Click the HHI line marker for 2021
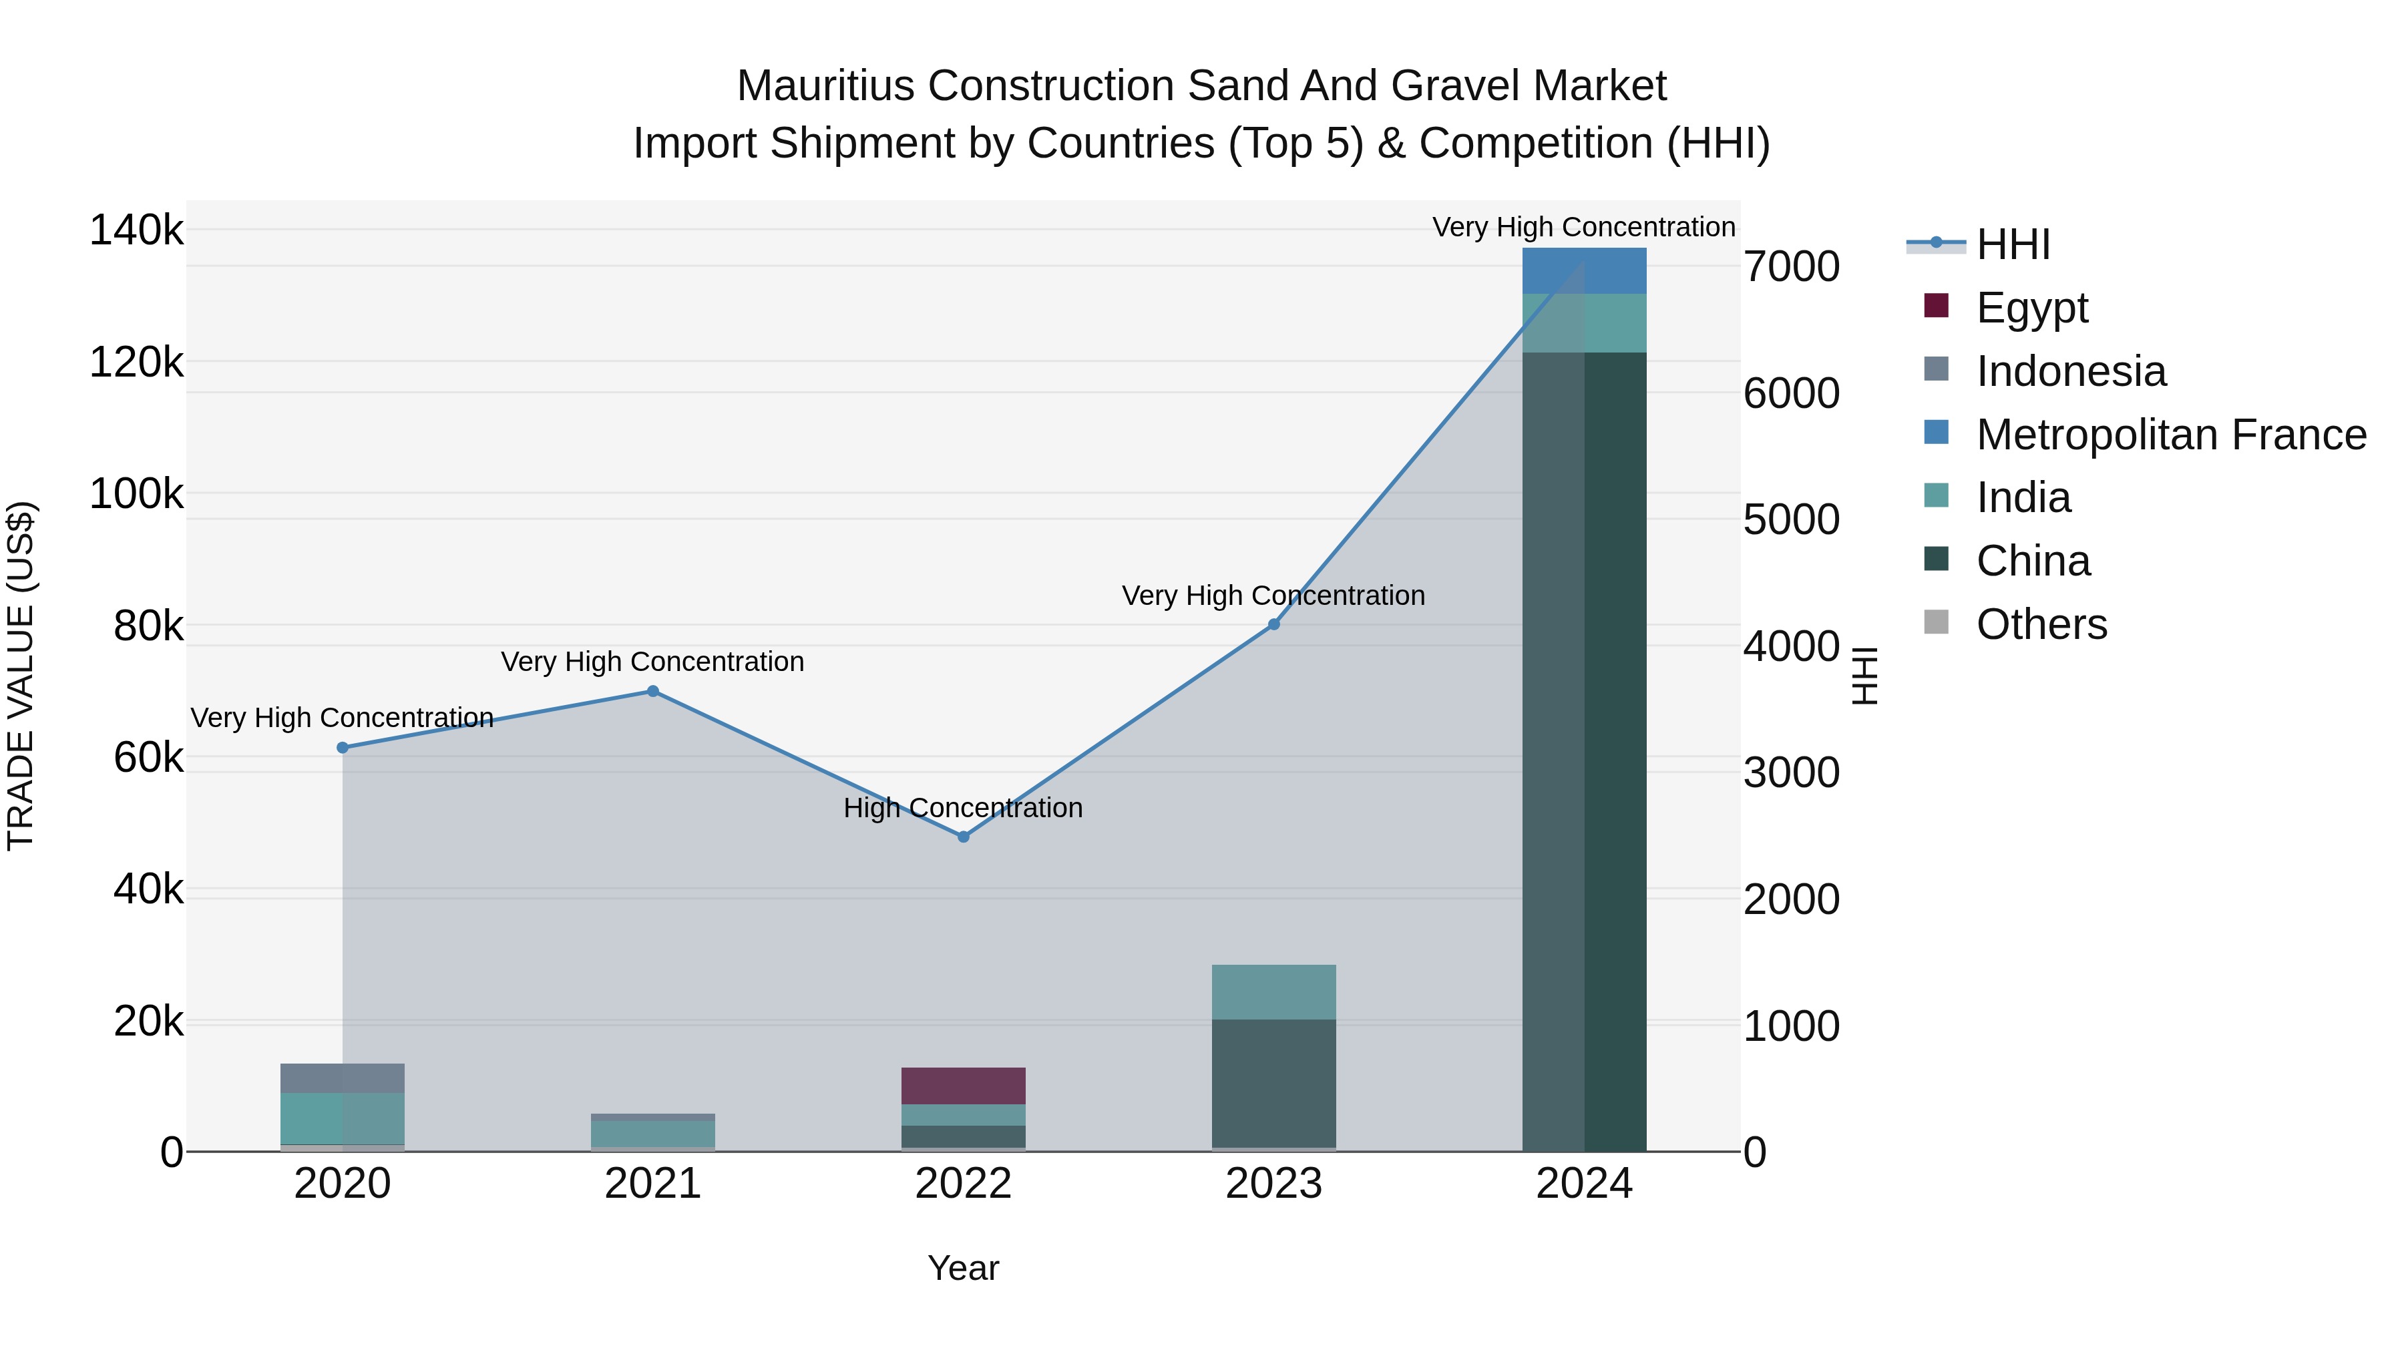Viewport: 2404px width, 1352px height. coord(652,692)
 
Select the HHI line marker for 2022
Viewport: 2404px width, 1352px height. coord(963,837)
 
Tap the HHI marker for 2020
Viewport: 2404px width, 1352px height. coord(343,747)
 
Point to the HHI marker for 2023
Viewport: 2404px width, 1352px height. coord(1274,624)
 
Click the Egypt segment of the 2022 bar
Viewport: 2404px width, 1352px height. coord(963,1086)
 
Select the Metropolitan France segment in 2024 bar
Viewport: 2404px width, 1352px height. coord(1584,272)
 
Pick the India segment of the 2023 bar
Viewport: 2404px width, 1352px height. coord(1274,992)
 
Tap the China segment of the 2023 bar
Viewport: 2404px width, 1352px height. coord(1274,1082)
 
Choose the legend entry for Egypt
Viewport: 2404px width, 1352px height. coord(2031,308)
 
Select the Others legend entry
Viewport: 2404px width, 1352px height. coord(2041,624)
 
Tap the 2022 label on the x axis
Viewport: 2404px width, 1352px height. coord(963,1184)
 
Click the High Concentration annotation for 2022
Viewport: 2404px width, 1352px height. coord(963,808)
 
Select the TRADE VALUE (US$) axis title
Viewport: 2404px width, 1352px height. coord(21,676)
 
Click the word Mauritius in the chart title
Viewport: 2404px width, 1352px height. coord(825,86)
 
